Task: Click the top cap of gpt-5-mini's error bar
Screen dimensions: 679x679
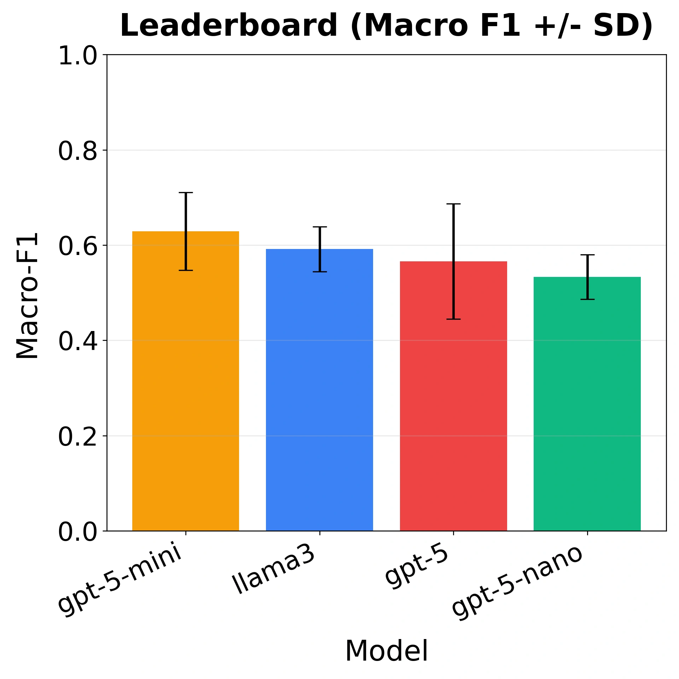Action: (185, 193)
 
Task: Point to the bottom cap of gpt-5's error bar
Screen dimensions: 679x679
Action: (453, 319)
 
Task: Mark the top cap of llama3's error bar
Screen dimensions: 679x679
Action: (319, 227)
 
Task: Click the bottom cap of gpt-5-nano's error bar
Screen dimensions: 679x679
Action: (587, 299)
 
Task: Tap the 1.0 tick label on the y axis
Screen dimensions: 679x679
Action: (77, 56)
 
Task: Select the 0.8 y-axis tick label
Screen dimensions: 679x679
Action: (77, 151)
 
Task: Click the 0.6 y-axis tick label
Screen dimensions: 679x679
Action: (77, 246)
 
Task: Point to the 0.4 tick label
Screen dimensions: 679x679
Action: (77, 341)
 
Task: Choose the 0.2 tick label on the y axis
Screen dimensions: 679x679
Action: (77, 436)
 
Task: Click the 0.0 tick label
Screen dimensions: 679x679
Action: (77, 532)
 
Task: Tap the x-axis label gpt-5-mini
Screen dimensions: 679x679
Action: (120, 580)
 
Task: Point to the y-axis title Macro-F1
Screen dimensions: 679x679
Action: (27, 295)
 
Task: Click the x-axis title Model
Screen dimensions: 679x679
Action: (386, 651)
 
